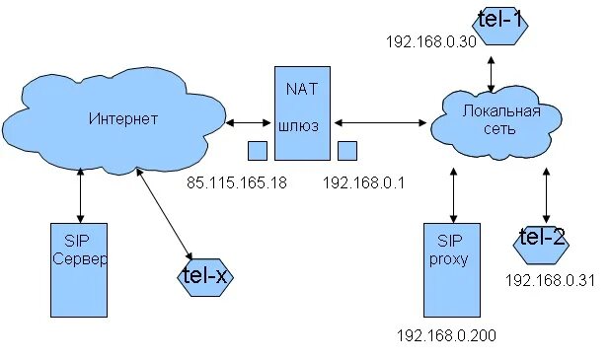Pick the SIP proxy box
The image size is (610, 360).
[x=449, y=266]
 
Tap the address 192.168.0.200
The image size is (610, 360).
[x=445, y=335]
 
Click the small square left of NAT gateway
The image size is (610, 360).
[x=257, y=150]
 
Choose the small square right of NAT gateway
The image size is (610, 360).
[x=346, y=150]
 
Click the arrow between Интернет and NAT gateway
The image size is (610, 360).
[x=249, y=123]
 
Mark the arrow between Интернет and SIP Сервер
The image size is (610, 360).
[x=80, y=197]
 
